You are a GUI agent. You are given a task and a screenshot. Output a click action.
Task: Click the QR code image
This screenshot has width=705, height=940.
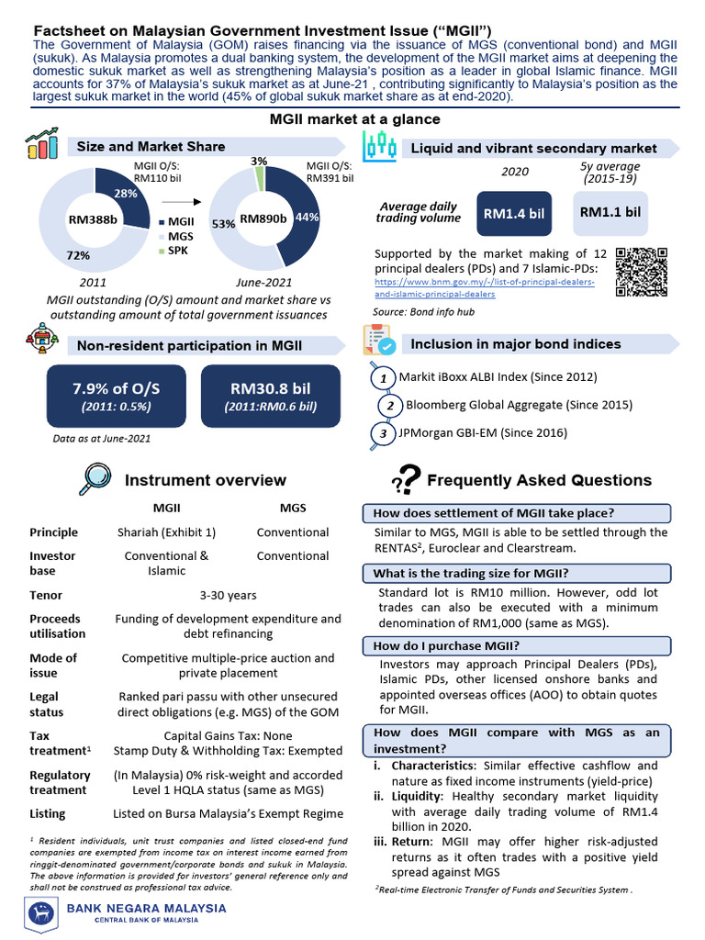click(x=642, y=272)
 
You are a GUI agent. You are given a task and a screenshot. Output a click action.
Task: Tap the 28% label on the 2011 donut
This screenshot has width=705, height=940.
click(x=126, y=193)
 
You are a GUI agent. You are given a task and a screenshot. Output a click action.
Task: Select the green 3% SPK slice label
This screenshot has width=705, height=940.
click(x=260, y=162)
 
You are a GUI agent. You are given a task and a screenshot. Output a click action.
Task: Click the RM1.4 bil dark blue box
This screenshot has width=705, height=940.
click(x=514, y=214)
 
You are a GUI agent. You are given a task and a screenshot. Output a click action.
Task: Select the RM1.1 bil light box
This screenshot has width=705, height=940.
click(x=610, y=212)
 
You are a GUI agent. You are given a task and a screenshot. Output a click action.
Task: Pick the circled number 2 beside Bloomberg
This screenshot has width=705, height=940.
click(x=390, y=406)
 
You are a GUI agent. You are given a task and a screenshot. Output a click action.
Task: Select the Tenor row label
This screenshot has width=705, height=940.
click(x=46, y=596)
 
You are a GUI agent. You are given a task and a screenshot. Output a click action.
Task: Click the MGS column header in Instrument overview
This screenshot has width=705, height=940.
click(x=293, y=508)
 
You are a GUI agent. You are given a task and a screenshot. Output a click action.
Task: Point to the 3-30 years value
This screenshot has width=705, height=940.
click(x=228, y=596)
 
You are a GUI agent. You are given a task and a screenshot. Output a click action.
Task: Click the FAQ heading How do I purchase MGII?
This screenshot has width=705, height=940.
click(x=447, y=645)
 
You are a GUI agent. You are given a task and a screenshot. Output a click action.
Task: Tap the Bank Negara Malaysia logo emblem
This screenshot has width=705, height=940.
click(x=41, y=913)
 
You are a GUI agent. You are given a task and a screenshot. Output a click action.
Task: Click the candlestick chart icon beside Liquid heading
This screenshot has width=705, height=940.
click(x=379, y=146)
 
